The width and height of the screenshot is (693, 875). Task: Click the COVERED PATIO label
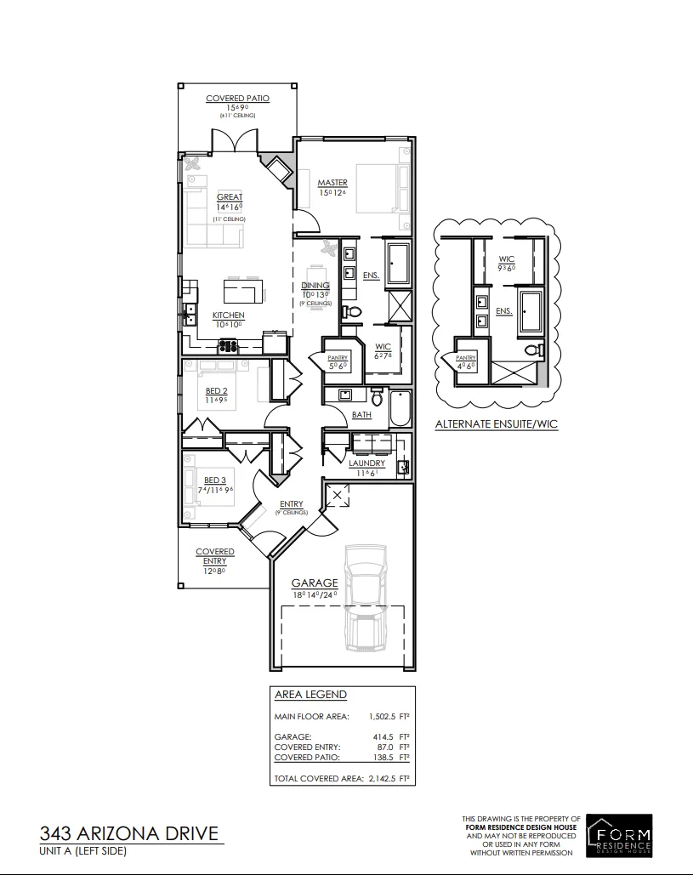click(237, 99)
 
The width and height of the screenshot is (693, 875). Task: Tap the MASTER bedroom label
click(332, 183)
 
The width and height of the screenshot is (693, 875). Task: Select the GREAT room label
click(230, 196)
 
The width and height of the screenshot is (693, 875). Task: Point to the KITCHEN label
click(228, 315)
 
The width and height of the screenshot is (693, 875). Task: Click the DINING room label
click(315, 287)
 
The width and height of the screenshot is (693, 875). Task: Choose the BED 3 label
click(214, 480)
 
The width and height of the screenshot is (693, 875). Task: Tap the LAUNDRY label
click(367, 463)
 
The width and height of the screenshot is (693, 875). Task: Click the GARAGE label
click(315, 583)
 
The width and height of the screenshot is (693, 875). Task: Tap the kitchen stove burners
click(229, 345)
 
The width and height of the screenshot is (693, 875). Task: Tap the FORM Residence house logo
click(621, 834)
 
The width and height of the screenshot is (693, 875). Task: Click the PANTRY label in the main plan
click(338, 358)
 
